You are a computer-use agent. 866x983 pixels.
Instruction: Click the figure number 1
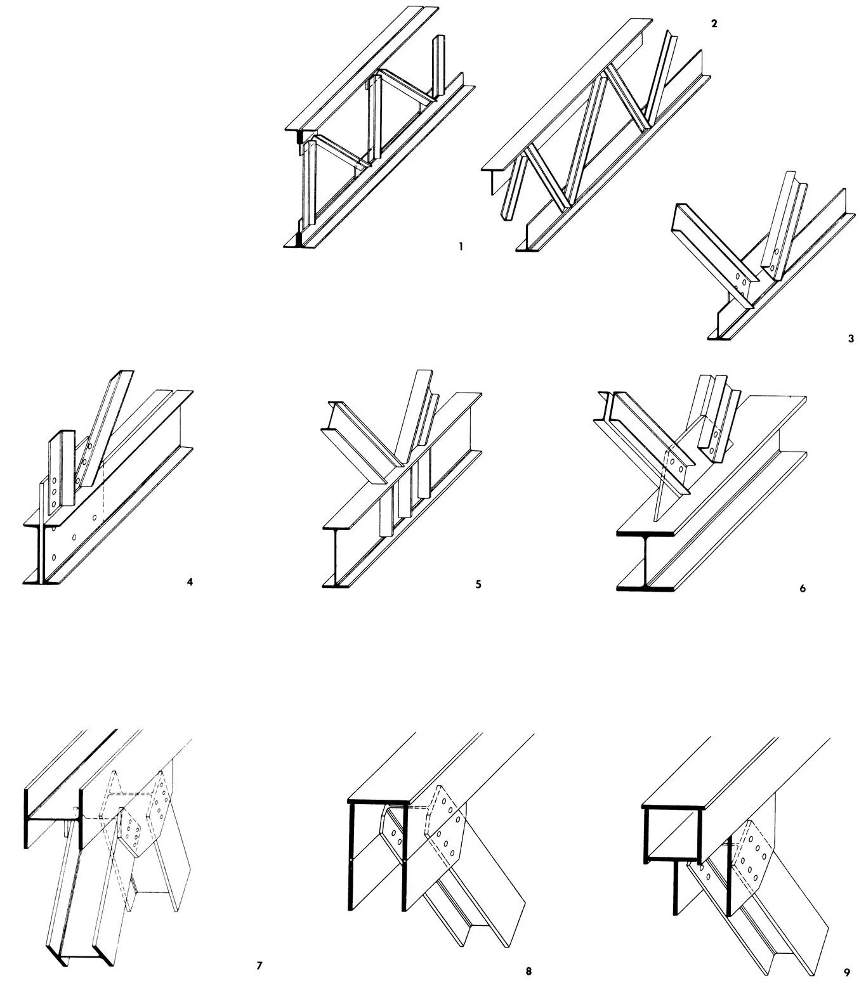(x=461, y=246)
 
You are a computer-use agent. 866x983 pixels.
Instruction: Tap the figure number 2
(x=714, y=23)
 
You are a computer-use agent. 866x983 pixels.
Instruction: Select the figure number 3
(x=851, y=339)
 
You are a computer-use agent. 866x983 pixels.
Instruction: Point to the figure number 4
(x=189, y=581)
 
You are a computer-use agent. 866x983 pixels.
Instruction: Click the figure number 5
(x=478, y=584)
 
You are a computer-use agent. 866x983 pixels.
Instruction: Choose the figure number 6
(x=802, y=588)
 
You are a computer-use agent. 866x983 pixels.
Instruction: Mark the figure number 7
(x=259, y=966)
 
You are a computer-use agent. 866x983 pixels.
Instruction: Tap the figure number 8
(x=528, y=970)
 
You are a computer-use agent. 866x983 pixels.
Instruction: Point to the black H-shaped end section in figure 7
(x=53, y=819)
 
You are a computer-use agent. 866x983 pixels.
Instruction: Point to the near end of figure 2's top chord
(x=493, y=173)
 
